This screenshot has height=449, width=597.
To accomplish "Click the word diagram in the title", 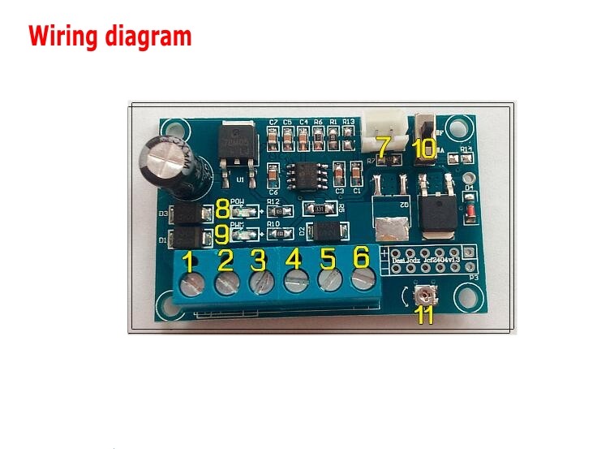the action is (150, 37).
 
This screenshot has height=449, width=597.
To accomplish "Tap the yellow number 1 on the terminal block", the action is (188, 262).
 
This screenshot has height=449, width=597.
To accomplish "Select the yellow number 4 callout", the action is (294, 260).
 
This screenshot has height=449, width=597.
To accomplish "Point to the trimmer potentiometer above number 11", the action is (424, 295).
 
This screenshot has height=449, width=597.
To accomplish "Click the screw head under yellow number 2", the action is (225, 283).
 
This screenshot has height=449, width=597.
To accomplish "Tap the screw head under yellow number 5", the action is (328, 281).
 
